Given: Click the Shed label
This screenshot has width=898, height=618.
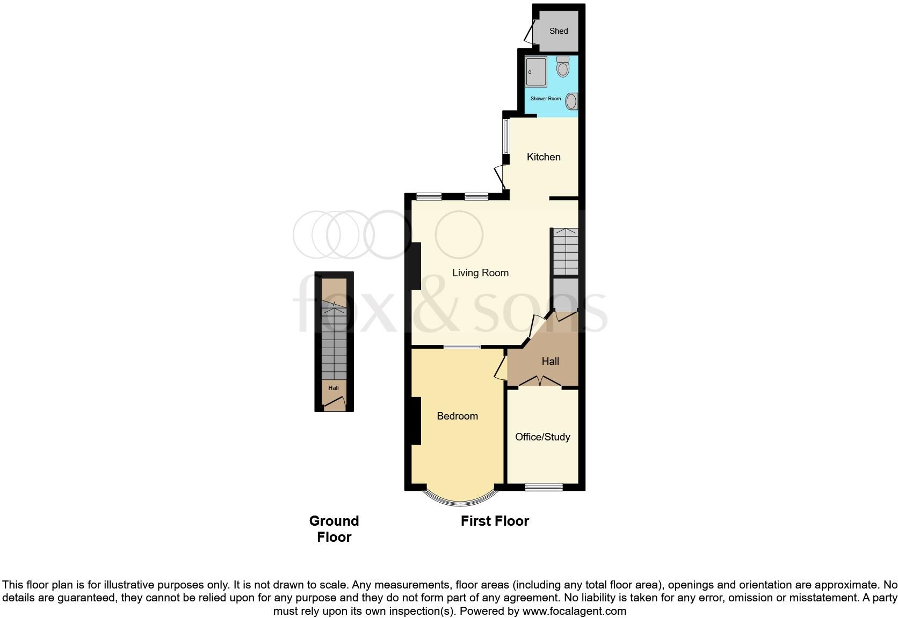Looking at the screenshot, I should point(559,31).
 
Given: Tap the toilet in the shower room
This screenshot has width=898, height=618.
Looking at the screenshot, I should point(563,67).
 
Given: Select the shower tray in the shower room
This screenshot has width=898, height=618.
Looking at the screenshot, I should point(536,71).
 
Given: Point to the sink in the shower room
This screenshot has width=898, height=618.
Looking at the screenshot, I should point(572,101).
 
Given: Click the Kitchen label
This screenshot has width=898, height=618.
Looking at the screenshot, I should point(544,157).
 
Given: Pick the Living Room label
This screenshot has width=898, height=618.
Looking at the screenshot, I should point(480,273).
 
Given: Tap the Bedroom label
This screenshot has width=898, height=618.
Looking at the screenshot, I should point(457,416).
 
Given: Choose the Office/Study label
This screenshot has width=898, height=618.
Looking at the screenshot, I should point(542,437).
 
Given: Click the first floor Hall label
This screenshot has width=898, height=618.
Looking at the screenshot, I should point(551,361).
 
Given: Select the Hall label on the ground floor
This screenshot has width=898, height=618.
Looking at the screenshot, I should point(334,388).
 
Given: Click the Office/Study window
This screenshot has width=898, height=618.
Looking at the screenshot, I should point(544,487).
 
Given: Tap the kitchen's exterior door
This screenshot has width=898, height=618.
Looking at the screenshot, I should point(500,177).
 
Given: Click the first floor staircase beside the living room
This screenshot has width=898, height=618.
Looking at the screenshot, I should point(566,251).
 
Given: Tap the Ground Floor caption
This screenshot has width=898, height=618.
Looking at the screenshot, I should point(334,529).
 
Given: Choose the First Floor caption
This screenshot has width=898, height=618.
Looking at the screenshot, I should point(495,521).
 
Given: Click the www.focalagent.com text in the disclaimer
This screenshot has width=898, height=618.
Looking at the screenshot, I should point(574,611).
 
